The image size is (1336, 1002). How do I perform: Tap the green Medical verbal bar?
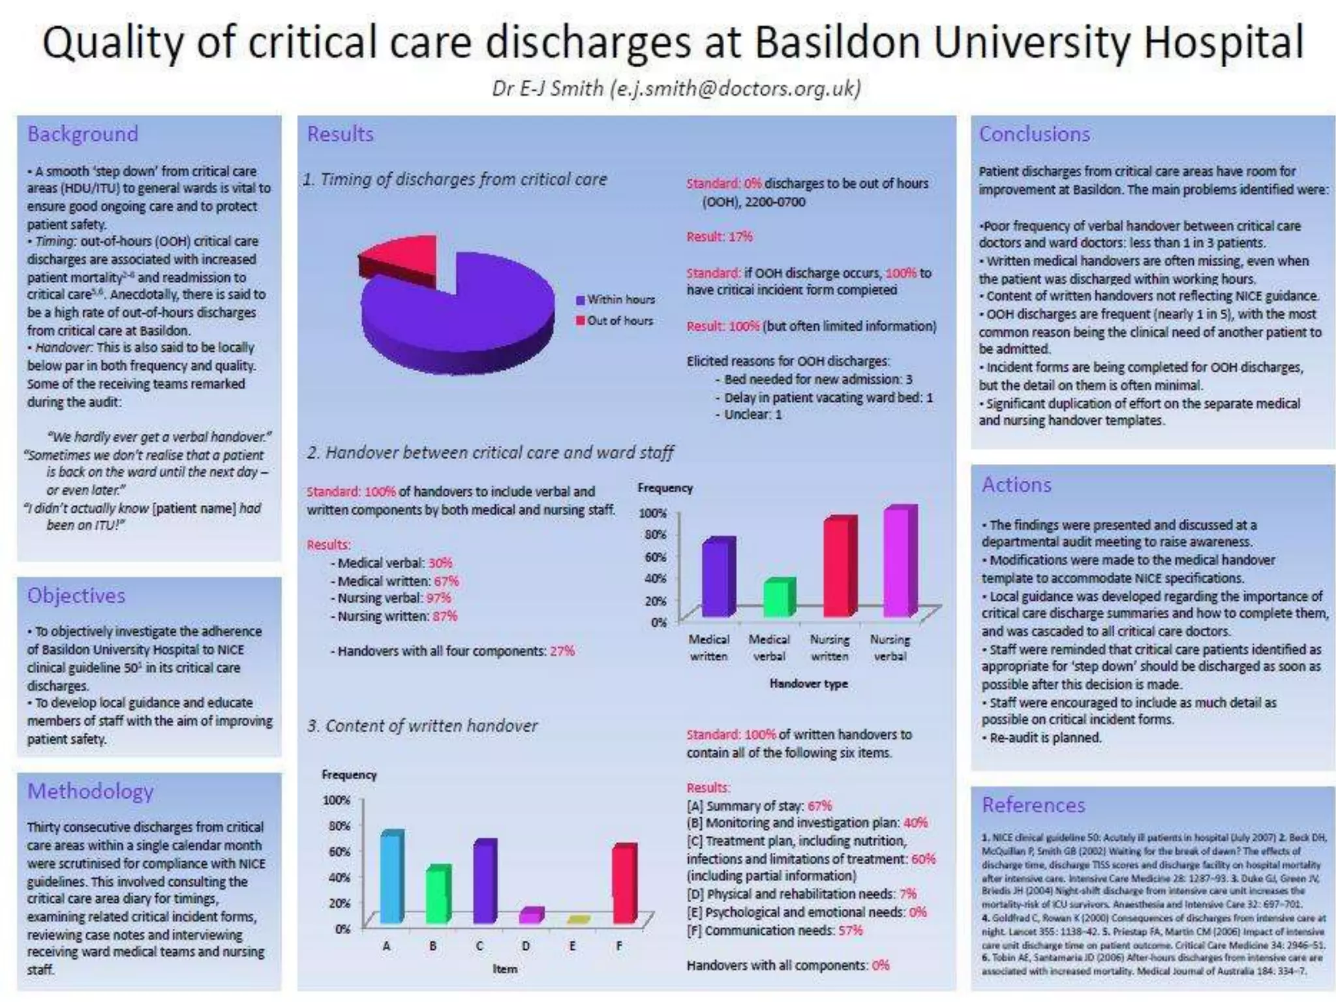tap(778, 598)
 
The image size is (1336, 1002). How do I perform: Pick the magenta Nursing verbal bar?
tap(898, 562)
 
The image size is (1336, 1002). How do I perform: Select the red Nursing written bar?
tap(838, 568)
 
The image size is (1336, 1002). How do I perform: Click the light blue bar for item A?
tap(391, 877)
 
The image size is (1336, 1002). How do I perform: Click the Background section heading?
tap(83, 134)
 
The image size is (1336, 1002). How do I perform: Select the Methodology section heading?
tap(91, 791)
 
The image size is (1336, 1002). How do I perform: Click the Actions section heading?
tap(1016, 485)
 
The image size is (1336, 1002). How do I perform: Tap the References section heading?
tap(1033, 805)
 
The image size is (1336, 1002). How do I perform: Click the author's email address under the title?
tap(735, 88)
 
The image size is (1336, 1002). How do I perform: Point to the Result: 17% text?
tap(719, 237)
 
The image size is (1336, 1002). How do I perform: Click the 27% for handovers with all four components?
tap(562, 651)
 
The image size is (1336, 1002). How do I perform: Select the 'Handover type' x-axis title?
tap(808, 684)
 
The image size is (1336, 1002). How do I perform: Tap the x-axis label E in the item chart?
tap(572, 946)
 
